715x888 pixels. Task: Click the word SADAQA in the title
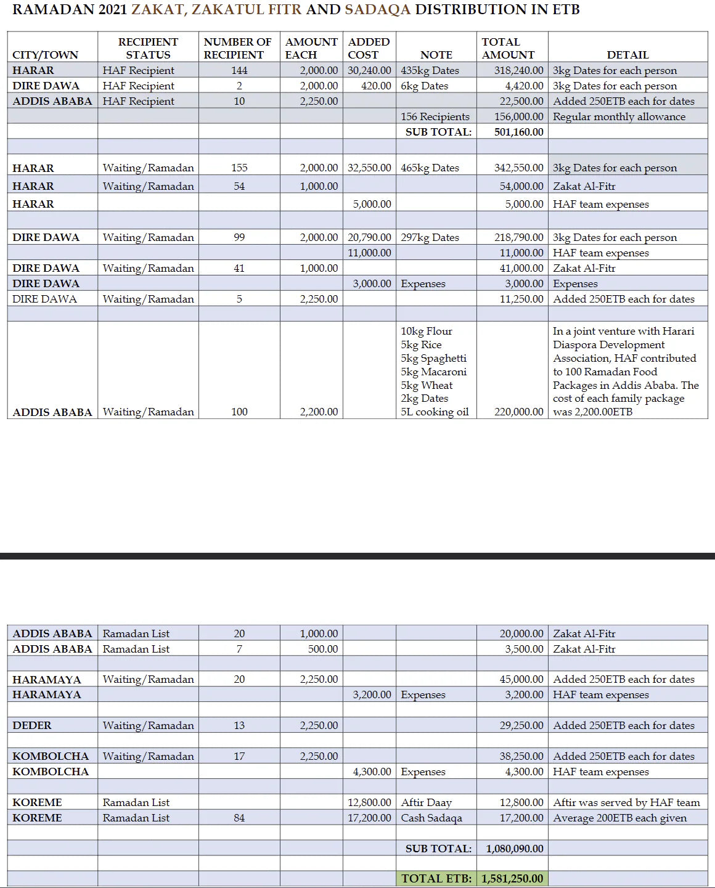377,10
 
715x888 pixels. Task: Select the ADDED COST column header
369,48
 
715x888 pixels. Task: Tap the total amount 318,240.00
518,71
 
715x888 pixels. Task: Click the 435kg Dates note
430,71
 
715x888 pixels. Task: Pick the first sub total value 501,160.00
518,132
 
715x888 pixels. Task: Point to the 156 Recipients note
435,116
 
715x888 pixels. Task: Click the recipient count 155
239,168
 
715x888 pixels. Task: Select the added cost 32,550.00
369,168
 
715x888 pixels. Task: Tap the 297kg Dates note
430,237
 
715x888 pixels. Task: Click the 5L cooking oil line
435,412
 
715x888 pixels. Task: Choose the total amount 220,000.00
518,412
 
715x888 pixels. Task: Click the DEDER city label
32,725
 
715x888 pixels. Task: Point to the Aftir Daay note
426,802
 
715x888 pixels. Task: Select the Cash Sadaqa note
431,818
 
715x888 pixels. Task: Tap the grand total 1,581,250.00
512,879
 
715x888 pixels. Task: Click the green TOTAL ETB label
436,879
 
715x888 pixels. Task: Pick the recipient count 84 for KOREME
239,818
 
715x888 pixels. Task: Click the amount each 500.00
323,649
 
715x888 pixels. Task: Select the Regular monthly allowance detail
619,116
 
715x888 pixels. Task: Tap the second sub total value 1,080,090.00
515,849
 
